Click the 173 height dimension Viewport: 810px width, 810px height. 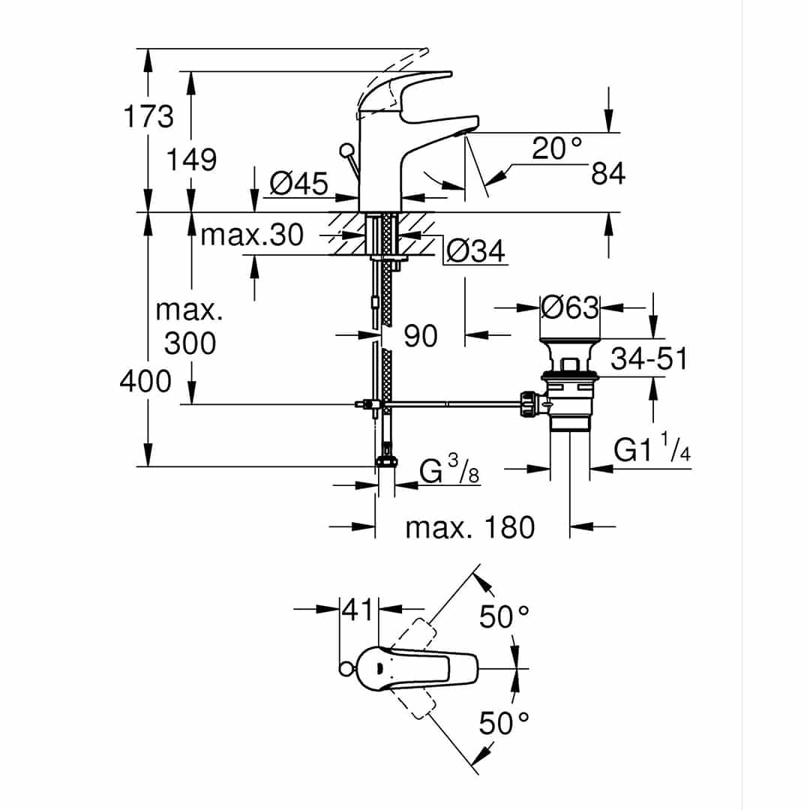point(148,117)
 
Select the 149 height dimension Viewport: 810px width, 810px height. point(191,160)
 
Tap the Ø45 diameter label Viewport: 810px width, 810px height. point(298,184)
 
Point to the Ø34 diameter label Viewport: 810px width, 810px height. point(475,251)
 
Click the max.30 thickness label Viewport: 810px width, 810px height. point(251,235)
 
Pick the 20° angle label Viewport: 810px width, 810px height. point(556,148)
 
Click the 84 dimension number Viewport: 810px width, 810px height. point(608,173)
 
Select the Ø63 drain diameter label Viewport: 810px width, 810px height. point(570,308)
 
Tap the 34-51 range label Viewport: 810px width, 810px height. point(649,358)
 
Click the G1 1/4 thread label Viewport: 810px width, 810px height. point(652,448)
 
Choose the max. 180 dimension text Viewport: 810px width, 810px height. point(469,528)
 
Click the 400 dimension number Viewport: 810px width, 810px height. point(145,382)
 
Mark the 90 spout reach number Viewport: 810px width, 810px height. point(421,336)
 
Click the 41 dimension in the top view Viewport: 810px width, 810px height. point(358,610)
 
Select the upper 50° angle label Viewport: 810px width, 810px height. point(504,616)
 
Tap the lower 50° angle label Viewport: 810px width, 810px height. point(504,723)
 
